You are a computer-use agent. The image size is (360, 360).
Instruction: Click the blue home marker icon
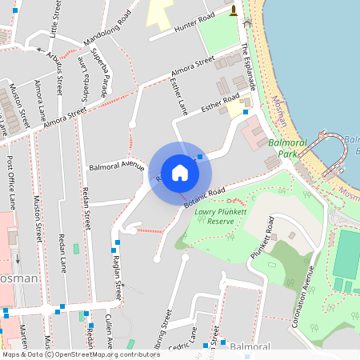click(x=180, y=172)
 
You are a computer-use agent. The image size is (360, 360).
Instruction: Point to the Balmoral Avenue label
click(x=116, y=167)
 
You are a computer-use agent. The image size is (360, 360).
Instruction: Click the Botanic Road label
click(x=204, y=197)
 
